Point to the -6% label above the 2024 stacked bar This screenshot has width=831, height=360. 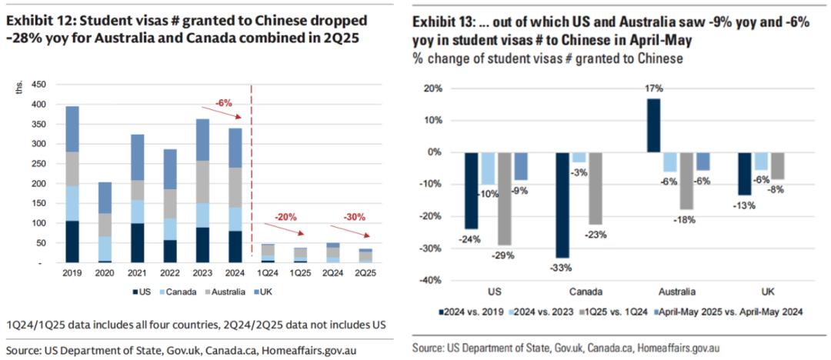224,102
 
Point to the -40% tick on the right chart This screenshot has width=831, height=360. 432,280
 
